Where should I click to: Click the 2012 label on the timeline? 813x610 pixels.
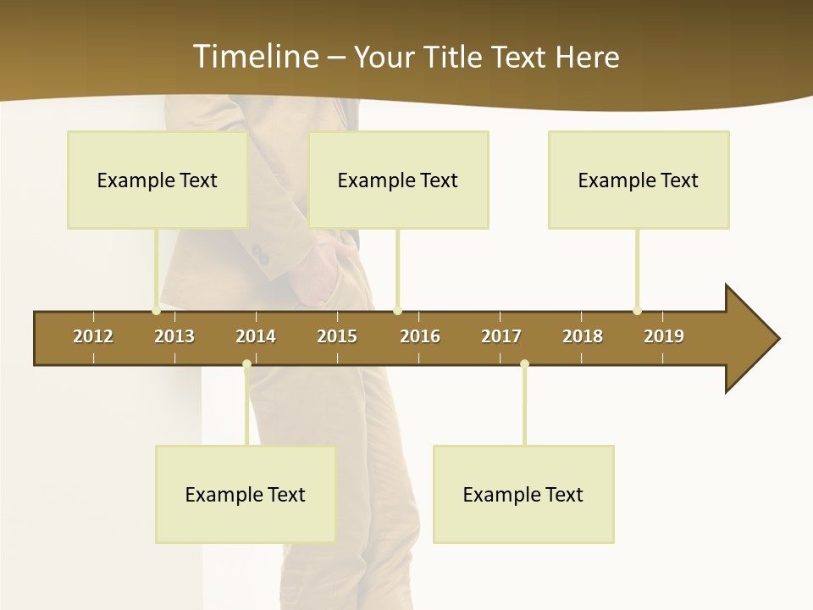click(93, 336)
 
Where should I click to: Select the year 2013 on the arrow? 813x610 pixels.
click(174, 336)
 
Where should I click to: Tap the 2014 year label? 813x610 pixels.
click(256, 336)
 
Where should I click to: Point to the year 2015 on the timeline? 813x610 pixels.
click(337, 336)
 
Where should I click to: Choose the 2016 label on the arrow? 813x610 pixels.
click(420, 336)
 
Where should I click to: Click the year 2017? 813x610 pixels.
click(501, 336)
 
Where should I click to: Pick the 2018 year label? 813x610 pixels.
click(583, 336)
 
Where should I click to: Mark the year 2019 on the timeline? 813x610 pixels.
click(664, 336)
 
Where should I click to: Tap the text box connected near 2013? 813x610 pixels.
click(158, 180)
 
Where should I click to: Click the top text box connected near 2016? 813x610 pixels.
click(398, 180)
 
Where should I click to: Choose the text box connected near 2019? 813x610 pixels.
click(639, 180)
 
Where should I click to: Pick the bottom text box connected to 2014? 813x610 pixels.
click(246, 494)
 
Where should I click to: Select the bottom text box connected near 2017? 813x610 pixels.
click(523, 494)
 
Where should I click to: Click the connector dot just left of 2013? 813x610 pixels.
click(157, 310)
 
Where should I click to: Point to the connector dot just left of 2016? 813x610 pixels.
click(398, 310)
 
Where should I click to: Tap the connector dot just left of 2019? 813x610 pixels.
click(638, 310)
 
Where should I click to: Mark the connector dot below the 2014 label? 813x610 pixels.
click(246, 364)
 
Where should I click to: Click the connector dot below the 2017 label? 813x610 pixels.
click(524, 364)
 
